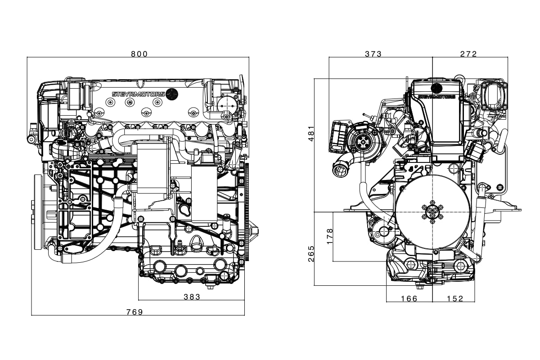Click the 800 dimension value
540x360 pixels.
(139, 54)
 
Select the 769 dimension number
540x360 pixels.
(135, 312)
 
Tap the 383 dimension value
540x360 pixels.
(192, 297)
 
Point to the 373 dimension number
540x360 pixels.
(373, 54)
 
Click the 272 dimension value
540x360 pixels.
(468, 54)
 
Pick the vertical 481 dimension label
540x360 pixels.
(311, 133)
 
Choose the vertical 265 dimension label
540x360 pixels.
(311, 254)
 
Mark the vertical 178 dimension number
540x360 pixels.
(329, 236)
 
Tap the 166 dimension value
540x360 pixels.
(409, 299)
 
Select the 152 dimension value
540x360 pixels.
(455, 299)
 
